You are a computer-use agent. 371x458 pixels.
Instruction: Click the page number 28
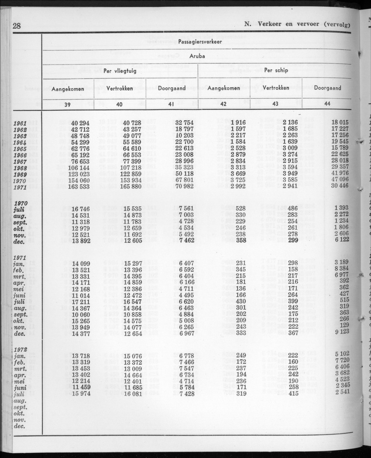17,26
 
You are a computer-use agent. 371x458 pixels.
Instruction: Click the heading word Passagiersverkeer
200,41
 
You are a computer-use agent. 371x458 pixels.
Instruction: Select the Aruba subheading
198,56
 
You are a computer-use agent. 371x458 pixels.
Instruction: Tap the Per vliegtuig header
120,71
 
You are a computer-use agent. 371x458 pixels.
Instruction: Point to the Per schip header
276,71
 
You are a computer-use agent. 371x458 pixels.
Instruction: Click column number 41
172,104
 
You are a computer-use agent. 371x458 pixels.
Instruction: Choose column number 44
327,104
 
